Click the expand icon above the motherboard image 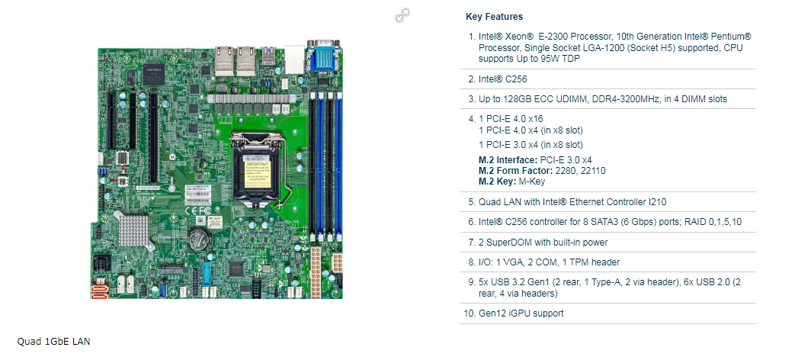[x=402, y=15]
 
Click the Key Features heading [x=494, y=17]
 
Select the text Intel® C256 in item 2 [x=502, y=79]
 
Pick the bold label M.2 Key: [x=499, y=182]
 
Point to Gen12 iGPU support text [x=521, y=313]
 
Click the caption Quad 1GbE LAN [x=54, y=341]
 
